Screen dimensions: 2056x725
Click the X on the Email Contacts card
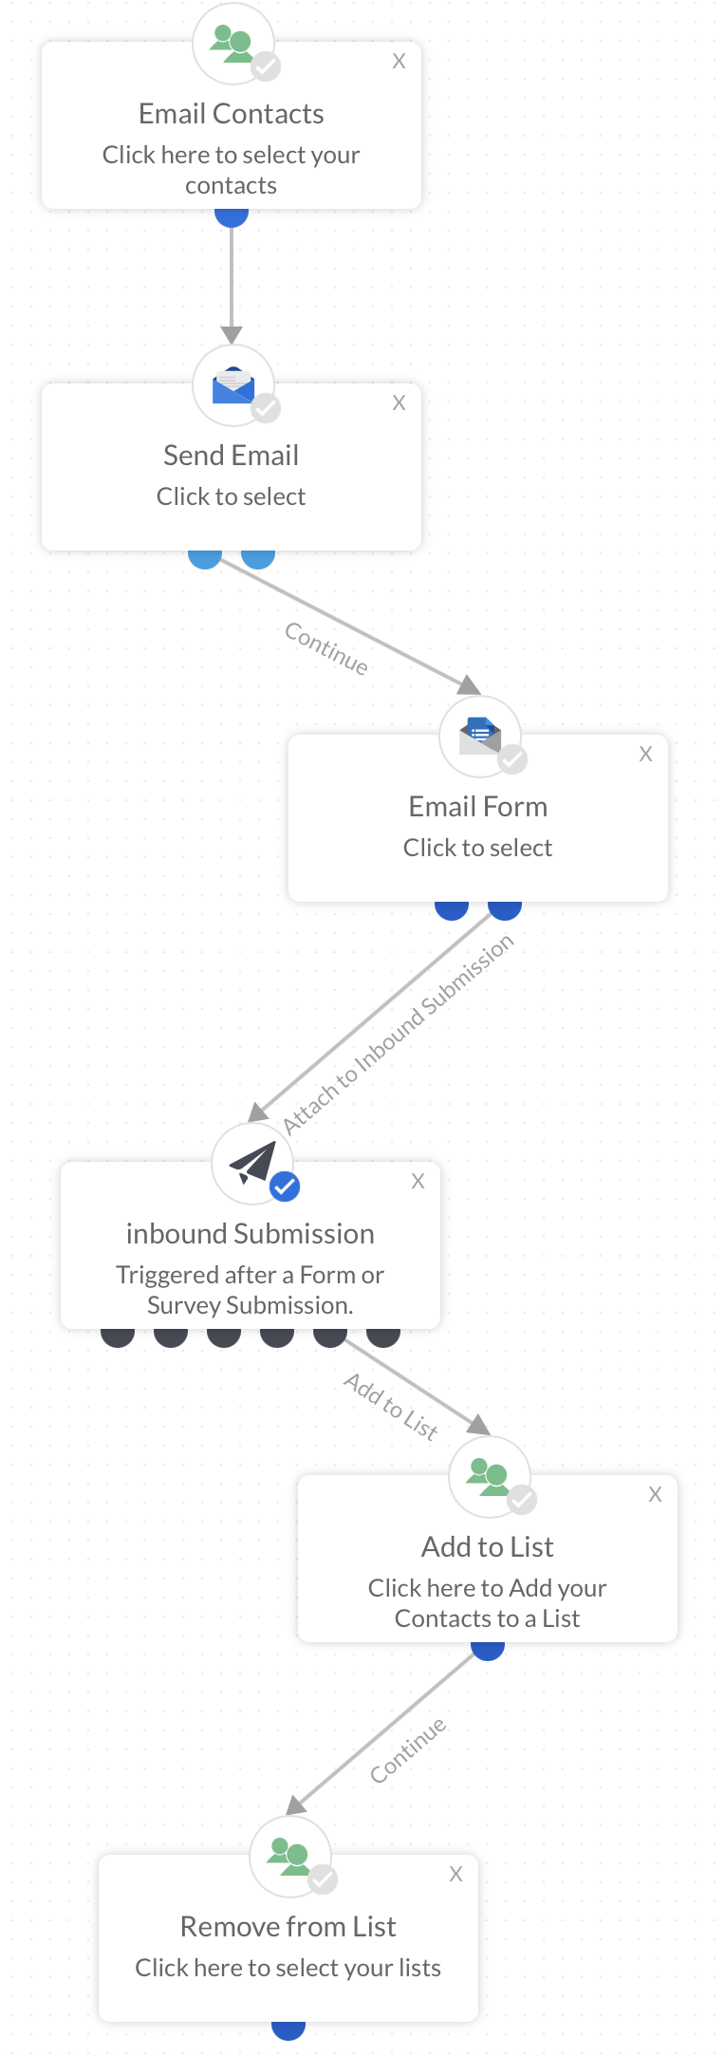point(400,62)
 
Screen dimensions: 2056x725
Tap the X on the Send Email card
point(400,403)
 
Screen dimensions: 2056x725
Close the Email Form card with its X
point(646,755)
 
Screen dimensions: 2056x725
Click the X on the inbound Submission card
point(418,1182)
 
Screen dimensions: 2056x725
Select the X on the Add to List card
point(656,1495)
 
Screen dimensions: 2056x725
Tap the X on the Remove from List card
point(456,1875)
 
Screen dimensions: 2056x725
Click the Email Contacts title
point(232,114)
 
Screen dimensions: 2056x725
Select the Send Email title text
point(232,456)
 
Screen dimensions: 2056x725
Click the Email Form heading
point(478,807)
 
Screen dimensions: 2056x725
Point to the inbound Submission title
point(251,1234)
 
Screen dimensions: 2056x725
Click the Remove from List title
point(288,1927)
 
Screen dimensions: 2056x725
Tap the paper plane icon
point(251,1162)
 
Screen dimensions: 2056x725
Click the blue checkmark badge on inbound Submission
point(285,1187)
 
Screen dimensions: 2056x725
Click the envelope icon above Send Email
point(233,385)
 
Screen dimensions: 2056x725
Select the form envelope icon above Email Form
point(479,736)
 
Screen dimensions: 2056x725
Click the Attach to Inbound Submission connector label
point(399,1034)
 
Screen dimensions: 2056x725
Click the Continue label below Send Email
point(326,648)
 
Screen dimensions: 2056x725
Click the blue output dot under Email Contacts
point(232,217)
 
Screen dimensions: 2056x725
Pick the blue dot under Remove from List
point(288,2029)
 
